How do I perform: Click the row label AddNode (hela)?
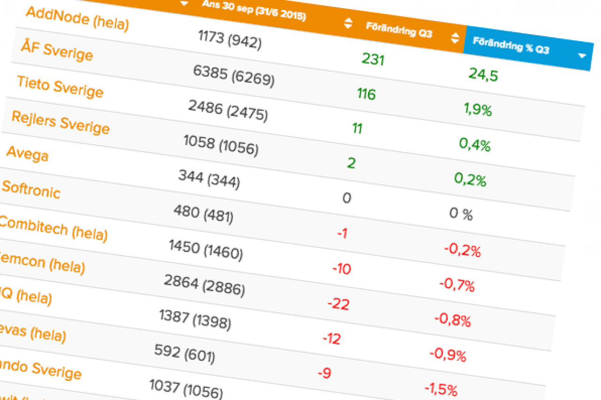[77, 18]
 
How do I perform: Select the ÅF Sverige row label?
[57, 50]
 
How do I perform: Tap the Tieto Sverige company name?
[60, 86]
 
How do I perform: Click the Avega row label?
[27, 154]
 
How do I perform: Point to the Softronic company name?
[31, 188]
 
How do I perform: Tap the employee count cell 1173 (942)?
[230, 39]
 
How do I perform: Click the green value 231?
[373, 59]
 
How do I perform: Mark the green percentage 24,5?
[483, 74]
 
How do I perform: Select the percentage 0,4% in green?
[475, 145]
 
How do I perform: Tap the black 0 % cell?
[461, 215]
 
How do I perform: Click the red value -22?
[338, 304]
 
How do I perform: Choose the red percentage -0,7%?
[457, 285]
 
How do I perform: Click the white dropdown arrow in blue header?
[582, 56]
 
